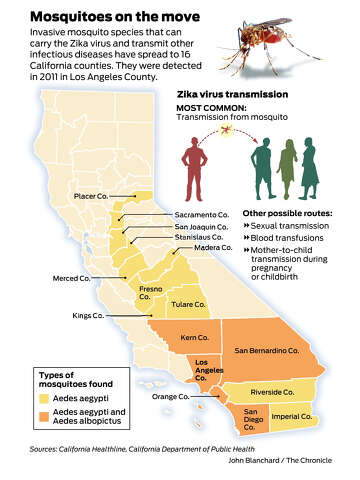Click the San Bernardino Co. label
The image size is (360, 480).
pos(270,351)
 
